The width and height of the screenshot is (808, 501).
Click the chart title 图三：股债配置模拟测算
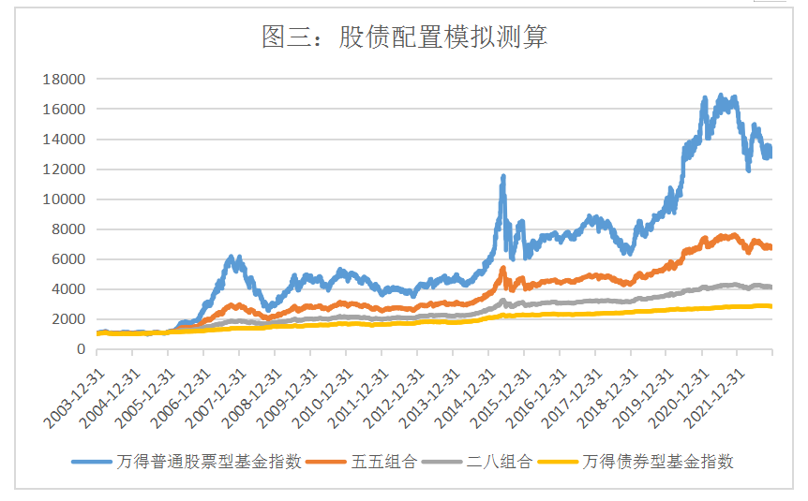[x=403, y=37]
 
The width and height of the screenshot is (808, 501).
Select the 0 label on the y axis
[x=81, y=349]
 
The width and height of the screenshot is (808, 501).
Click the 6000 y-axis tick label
[x=68, y=259]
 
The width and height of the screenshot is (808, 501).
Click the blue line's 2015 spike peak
[x=503, y=176]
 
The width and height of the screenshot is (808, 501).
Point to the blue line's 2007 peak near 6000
[x=232, y=258]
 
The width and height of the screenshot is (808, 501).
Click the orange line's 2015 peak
[x=502, y=269]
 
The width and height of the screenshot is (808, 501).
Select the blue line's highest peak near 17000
[x=720, y=96]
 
